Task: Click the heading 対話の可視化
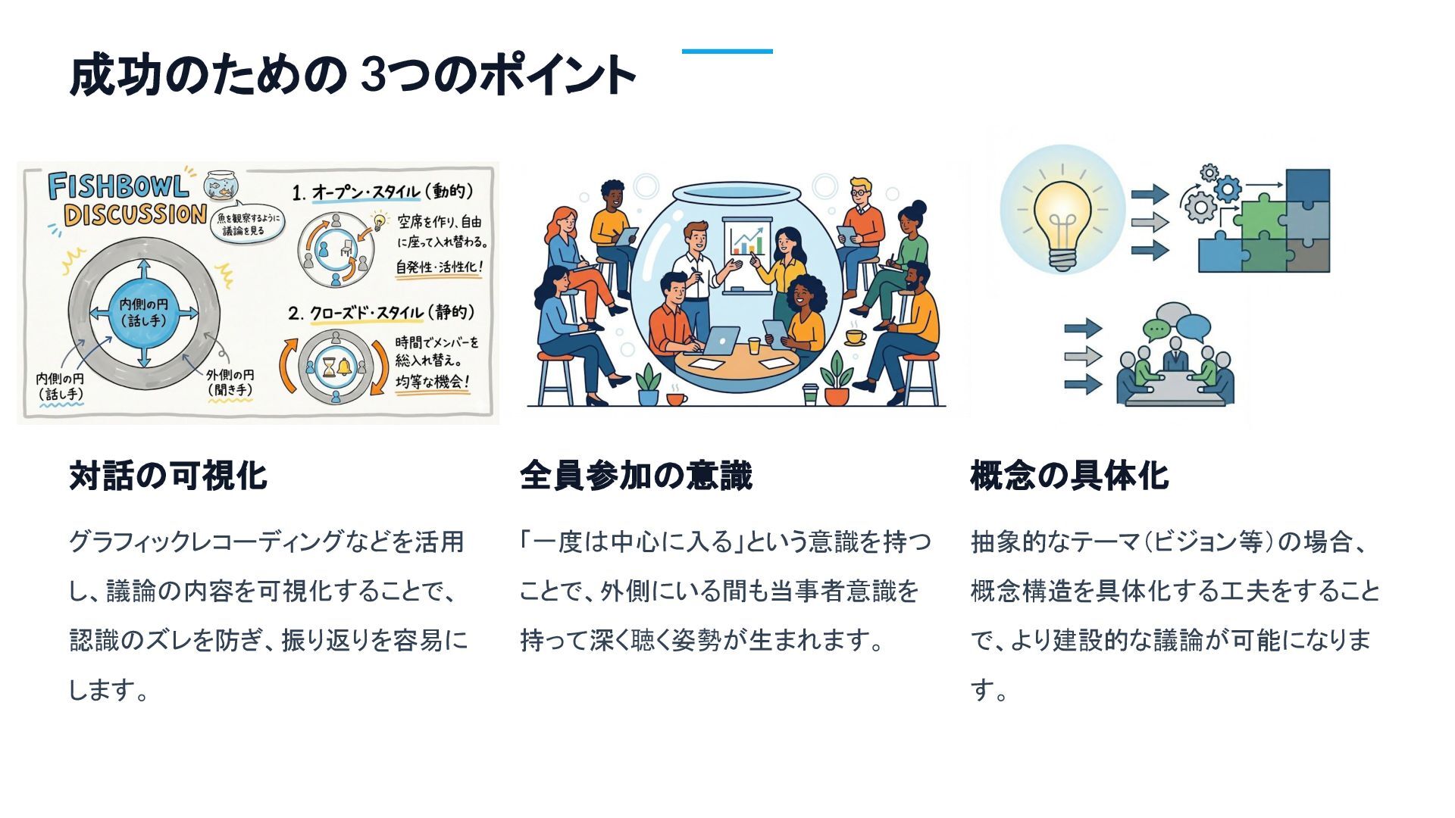coord(167,476)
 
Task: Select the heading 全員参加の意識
coord(635,476)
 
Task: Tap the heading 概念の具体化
coord(1069,476)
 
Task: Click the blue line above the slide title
coord(727,52)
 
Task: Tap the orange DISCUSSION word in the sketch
coord(135,215)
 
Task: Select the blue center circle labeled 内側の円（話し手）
coord(144,313)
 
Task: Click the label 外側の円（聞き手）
coord(230,382)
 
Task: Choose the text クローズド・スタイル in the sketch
coord(365,313)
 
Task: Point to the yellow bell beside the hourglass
coord(345,367)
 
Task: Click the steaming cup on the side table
coord(855,336)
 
